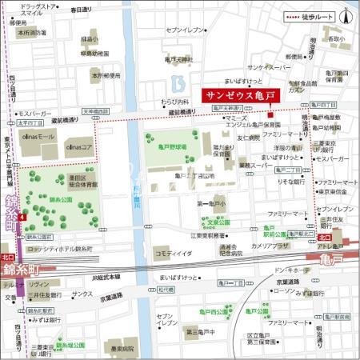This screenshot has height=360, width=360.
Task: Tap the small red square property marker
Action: (x=270, y=106)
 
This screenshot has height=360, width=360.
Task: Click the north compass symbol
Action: (x=346, y=15)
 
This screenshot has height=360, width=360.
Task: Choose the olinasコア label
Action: (x=80, y=147)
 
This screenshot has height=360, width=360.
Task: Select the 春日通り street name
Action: (x=81, y=10)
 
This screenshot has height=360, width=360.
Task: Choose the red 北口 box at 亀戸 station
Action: (x=324, y=237)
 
